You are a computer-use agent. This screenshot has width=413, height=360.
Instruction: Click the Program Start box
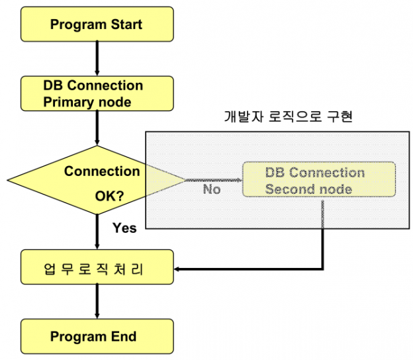tap(97, 24)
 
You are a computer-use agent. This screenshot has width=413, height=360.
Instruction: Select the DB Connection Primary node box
tap(97, 93)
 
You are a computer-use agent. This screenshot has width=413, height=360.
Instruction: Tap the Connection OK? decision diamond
tap(97, 180)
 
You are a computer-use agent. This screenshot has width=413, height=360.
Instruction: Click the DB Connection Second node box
tap(319, 179)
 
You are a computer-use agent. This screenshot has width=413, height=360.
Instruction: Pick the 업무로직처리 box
tap(97, 267)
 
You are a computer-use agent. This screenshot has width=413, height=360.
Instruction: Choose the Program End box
tap(97, 336)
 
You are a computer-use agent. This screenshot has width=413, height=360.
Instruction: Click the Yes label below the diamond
tap(124, 228)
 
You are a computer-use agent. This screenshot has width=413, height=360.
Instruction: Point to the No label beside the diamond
tap(212, 189)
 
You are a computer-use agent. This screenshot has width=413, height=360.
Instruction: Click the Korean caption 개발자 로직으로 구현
tap(288, 116)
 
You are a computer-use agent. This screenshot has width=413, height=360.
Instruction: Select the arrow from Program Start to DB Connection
tap(97, 58)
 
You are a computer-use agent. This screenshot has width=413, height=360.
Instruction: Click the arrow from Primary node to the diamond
tap(97, 128)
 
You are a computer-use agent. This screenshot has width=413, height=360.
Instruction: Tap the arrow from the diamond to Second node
tap(214, 180)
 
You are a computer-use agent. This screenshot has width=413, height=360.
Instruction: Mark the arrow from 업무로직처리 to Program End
tap(97, 302)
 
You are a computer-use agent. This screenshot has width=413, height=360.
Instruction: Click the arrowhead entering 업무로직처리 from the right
tap(177, 269)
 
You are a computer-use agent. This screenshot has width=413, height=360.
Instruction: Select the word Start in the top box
tap(126, 24)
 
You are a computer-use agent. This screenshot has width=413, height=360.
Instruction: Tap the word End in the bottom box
tap(124, 337)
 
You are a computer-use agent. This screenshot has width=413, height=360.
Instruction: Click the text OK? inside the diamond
tap(109, 196)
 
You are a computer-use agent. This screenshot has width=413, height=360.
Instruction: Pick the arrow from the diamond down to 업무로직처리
tap(97, 232)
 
